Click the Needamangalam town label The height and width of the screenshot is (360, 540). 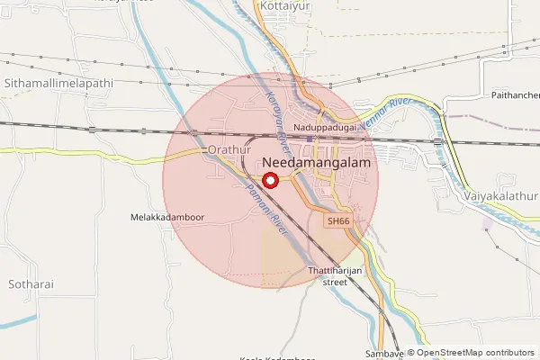coord(318,164)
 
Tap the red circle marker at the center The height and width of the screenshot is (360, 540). coord(268,178)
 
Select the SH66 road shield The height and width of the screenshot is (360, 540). coord(337,220)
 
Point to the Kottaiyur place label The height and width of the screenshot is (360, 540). coord(284,5)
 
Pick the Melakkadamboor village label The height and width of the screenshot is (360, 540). coord(167,217)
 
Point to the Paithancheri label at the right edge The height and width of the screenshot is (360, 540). coord(515,94)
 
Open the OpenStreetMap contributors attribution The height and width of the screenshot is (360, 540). coord(474,354)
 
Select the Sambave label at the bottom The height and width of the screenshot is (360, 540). coord(384,354)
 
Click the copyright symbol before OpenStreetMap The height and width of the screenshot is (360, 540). coord(410,354)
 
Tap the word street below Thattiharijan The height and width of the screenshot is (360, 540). coord(335,282)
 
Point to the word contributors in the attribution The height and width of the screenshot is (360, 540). coord(510,354)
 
